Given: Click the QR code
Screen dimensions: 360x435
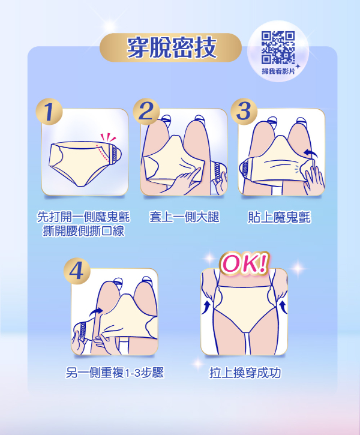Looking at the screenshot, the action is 278,47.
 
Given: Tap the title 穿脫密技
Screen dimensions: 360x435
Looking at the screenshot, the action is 171,47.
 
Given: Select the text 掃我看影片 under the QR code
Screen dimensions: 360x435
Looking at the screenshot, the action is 278,71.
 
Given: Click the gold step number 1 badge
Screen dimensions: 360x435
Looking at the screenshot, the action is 49,112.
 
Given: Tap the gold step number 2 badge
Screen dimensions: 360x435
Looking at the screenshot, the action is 146,112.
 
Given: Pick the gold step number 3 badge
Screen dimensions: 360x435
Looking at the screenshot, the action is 244,112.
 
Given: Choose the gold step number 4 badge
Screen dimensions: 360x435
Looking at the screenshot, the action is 77,271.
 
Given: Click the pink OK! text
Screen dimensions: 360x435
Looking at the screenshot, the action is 244,263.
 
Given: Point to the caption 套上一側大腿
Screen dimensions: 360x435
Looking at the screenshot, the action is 184,217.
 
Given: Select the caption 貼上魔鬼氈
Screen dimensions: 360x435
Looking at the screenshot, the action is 279,217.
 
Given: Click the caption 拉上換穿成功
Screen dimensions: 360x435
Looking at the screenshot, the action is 245,373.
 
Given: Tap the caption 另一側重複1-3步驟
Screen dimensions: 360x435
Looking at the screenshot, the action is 115,373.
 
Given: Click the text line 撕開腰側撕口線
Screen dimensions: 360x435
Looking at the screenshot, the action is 83,231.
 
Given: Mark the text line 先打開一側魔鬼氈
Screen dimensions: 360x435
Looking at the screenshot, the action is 83,217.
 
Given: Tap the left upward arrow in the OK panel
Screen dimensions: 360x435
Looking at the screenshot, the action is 206,307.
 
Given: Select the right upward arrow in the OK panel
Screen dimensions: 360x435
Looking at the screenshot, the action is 283,307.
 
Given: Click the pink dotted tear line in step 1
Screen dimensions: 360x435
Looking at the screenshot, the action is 102,153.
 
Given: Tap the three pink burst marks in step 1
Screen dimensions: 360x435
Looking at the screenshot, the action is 108,137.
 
